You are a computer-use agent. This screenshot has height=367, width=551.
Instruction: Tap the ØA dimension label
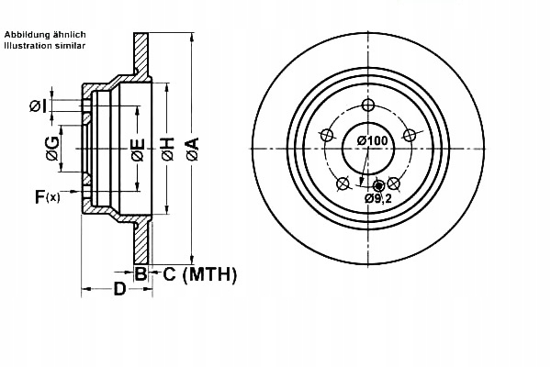(192, 150)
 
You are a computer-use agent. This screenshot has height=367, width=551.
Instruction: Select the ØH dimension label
(167, 150)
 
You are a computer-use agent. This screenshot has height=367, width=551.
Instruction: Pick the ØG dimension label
(53, 150)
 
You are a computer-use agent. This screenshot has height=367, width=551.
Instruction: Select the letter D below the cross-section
(119, 291)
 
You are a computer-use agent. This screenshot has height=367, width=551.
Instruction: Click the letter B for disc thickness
(141, 273)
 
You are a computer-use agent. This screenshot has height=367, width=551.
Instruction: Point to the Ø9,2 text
(377, 198)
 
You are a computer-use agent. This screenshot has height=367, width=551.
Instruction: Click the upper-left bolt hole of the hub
(325, 135)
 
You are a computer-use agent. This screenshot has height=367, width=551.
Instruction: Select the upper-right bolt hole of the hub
(410, 135)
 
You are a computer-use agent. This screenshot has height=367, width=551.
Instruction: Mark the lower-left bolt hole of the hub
(342, 183)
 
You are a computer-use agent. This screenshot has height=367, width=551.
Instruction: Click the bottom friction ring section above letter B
(141, 242)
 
